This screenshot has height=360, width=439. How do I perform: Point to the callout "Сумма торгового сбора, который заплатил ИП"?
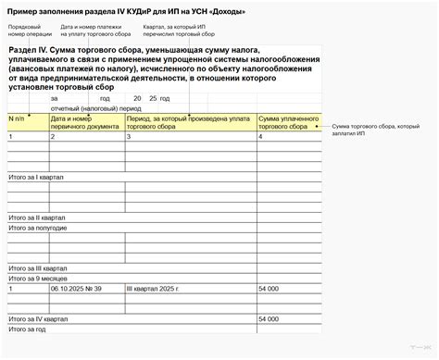[376, 129]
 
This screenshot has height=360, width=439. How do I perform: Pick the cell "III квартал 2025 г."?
[161, 290]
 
